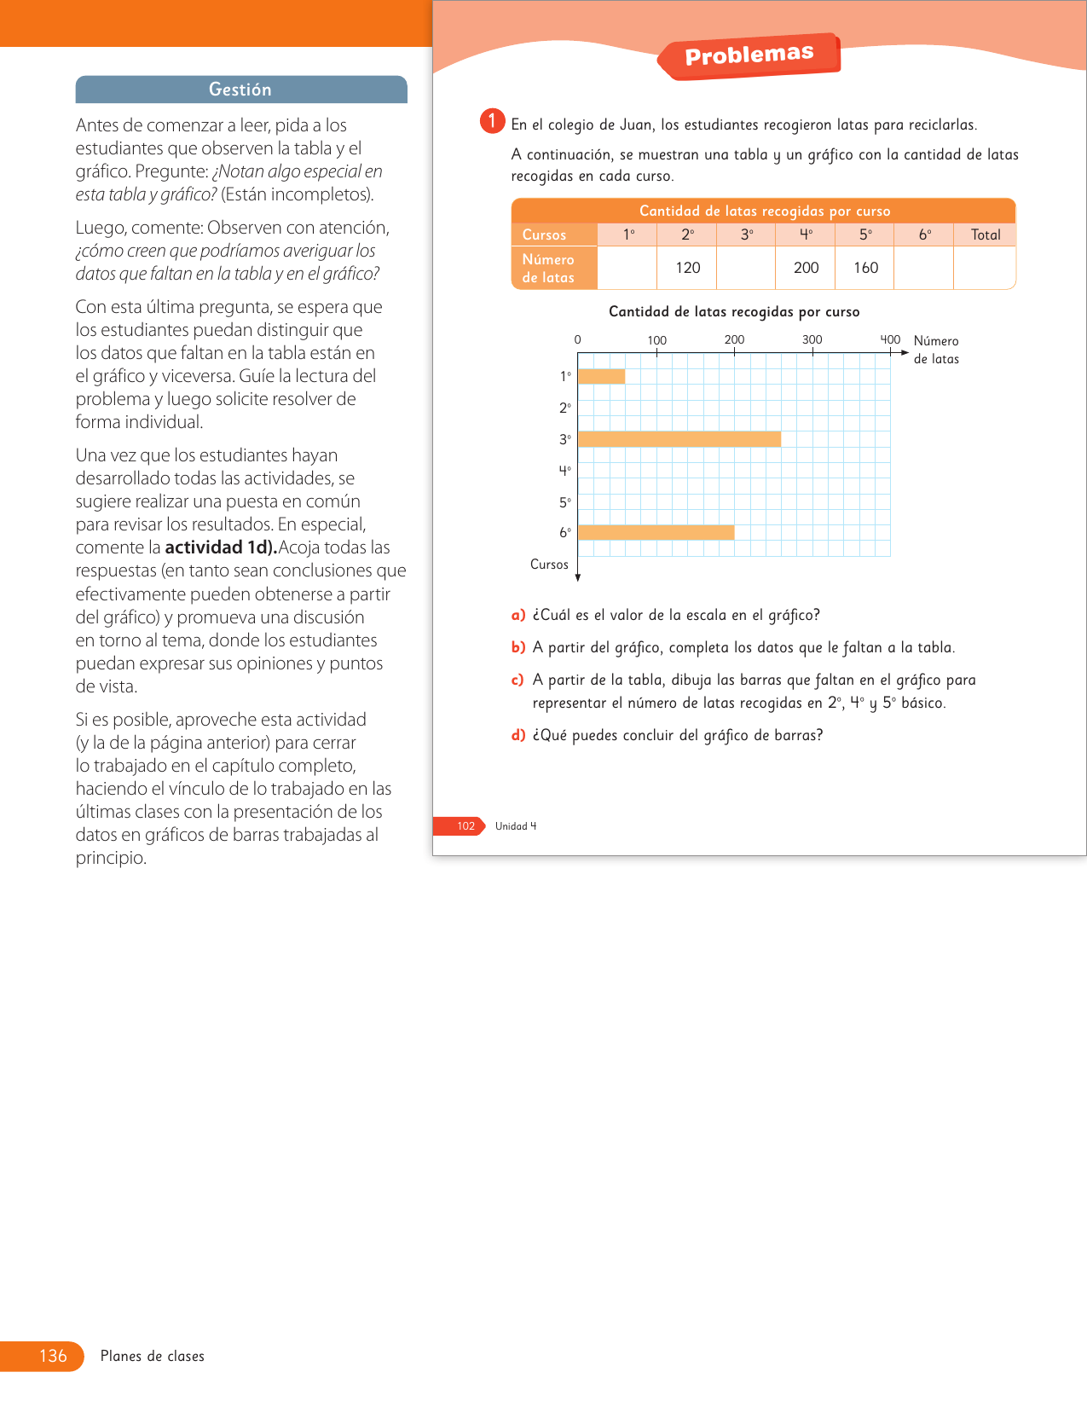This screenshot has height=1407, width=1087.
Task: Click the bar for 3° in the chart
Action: click(679, 439)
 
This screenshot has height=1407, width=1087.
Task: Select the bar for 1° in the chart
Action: click(602, 376)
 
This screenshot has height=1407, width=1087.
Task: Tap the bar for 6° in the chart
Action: click(656, 532)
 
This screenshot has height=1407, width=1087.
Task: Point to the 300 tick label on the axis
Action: click(812, 339)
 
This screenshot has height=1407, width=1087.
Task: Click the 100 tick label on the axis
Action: click(656, 340)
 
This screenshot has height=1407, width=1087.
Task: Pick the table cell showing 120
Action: click(687, 268)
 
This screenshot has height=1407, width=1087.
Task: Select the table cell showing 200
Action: click(806, 268)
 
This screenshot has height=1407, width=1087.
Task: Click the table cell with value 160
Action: click(865, 268)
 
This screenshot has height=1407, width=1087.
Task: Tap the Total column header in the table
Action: click(986, 234)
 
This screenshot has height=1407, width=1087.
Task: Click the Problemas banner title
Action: click(749, 55)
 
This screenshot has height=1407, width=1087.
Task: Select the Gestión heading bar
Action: click(241, 90)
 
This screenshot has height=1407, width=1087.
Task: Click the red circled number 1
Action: click(492, 121)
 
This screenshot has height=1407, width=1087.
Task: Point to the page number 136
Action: click(53, 1356)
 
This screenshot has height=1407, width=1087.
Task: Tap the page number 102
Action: click(465, 825)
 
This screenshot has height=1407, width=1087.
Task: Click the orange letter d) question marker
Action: click(518, 735)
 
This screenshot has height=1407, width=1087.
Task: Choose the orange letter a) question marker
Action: click(518, 615)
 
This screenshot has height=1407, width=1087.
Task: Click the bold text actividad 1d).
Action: click(221, 547)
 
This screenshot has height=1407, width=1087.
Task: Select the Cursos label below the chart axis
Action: click(549, 565)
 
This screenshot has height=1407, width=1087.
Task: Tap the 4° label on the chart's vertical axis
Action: click(564, 470)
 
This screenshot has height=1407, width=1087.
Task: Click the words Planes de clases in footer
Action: click(153, 1356)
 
